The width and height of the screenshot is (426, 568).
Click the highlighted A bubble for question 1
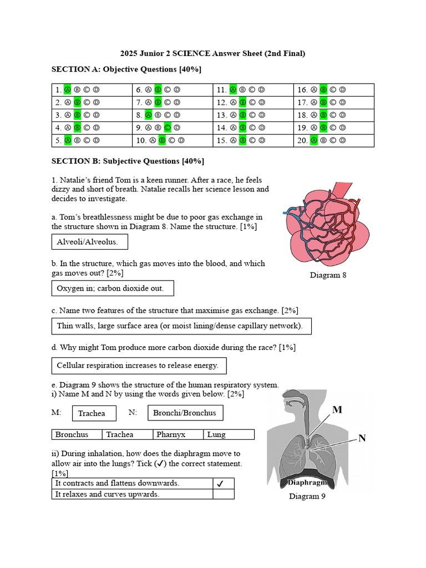68,89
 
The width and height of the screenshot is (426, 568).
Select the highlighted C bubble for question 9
167,128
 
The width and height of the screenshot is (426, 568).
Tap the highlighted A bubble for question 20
314,140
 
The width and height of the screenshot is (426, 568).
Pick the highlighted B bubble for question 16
323,89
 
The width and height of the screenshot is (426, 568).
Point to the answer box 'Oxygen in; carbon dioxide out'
111,288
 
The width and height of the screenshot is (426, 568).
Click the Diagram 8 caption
328,275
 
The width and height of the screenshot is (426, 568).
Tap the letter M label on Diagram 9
337,410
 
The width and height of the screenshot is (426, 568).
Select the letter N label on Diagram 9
362,438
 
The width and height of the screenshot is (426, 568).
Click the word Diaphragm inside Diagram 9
307,483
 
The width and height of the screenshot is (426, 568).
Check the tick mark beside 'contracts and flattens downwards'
220,484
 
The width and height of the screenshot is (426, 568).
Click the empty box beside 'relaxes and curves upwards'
223,494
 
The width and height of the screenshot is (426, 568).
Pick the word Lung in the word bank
216,435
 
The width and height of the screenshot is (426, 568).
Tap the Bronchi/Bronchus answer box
185,413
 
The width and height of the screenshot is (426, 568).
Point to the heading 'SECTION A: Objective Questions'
126,69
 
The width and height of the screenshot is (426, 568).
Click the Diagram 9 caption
307,496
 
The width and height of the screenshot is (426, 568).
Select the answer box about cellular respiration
139,366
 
